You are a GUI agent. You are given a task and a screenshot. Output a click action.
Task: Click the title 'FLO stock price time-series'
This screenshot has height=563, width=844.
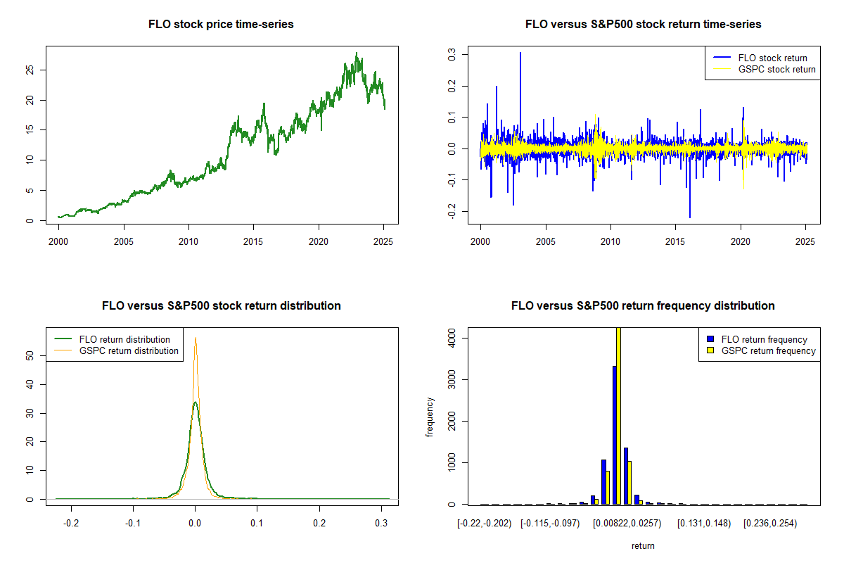click(x=221, y=25)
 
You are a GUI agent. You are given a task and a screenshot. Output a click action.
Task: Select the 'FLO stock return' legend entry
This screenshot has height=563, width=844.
click(x=772, y=58)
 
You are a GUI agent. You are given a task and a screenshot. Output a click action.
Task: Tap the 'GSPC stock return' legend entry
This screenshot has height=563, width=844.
click(x=776, y=69)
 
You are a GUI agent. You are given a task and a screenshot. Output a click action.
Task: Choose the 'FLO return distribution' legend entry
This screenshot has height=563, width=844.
click(x=124, y=339)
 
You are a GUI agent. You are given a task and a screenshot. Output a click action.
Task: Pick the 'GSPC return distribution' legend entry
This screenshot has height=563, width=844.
click(x=129, y=350)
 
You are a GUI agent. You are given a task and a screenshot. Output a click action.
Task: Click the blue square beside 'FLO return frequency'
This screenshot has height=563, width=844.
click(x=710, y=339)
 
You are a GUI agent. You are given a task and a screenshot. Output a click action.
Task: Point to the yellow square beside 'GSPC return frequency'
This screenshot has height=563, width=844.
click(x=710, y=350)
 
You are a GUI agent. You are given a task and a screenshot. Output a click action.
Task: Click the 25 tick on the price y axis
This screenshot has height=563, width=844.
click(x=29, y=70)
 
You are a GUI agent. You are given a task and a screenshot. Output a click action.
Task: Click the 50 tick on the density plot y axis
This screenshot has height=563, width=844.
click(x=29, y=356)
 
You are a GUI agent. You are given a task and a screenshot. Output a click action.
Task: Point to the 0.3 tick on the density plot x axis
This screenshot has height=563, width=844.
click(x=381, y=524)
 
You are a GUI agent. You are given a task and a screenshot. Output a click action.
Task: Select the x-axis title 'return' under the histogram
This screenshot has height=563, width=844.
click(x=643, y=545)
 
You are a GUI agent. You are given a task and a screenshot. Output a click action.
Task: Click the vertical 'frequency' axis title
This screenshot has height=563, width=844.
click(x=430, y=417)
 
